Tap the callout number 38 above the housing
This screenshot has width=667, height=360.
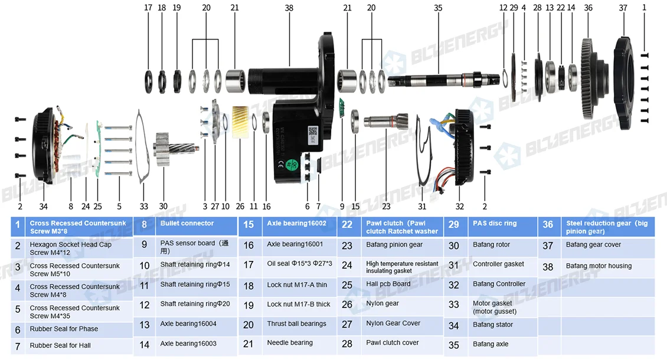[289, 8]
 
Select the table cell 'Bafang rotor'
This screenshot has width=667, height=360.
[491, 245]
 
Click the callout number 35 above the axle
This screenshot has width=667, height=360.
[437, 8]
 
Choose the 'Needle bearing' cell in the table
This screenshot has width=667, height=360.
[290, 343]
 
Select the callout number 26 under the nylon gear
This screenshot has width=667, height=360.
[240, 207]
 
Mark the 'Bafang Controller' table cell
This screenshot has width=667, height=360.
[499, 284]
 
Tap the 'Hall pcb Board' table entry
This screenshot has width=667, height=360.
[388, 284]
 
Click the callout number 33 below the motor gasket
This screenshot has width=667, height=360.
[144, 207]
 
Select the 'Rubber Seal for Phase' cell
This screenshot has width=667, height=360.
[64, 329]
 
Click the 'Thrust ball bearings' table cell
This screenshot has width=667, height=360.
[296, 323]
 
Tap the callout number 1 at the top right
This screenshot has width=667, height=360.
[644, 8]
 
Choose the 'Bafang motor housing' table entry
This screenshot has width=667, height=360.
[599, 266]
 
